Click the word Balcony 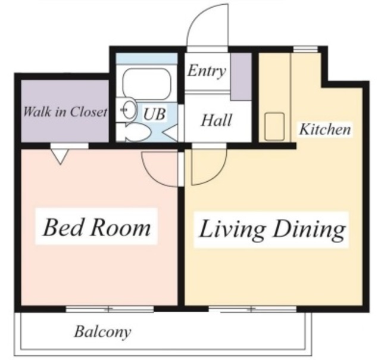click(102, 331)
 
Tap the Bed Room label click(96, 227)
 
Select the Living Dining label click(271, 229)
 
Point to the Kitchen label click(324, 129)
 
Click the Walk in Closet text click(65, 111)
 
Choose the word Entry click(207, 72)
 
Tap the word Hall click(216, 120)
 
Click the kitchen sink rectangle click(275, 126)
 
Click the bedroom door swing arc click(160, 168)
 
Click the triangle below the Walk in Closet click(59, 156)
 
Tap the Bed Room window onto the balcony click(109, 309)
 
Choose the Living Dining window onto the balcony click(251, 309)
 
